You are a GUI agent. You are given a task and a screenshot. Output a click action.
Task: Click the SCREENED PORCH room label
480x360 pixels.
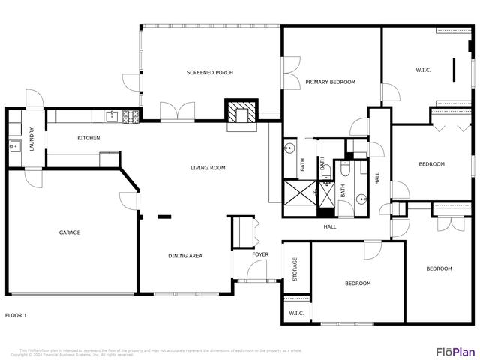click(x=210, y=73)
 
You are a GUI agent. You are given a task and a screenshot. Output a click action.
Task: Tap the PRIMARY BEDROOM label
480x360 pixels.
click(x=330, y=82)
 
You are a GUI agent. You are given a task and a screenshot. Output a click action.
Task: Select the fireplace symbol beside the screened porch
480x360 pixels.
click(x=241, y=112)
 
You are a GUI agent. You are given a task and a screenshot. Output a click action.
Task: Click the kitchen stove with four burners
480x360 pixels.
click(x=130, y=116)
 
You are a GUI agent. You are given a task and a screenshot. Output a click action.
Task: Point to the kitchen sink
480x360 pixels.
click(x=111, y=116)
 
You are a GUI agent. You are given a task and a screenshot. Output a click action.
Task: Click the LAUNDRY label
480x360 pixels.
click(x=32, y=142)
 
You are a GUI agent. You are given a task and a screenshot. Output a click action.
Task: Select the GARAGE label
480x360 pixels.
click(x=70, y=232)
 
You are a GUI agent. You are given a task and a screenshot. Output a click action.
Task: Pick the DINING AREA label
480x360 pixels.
click(x=184, y=256)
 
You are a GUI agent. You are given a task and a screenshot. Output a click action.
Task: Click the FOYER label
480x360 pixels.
click(x=260, y=255)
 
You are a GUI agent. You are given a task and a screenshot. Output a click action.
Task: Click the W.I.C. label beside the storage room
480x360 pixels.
click(x=296, y=313)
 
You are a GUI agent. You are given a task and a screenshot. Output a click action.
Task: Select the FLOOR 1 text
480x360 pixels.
click(x=16, y=315)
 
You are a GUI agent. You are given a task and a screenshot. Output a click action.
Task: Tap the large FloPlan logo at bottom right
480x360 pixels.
click(x=455, y=351)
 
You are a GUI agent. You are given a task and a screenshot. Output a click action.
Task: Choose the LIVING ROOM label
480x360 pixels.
click(x=208, y=168)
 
